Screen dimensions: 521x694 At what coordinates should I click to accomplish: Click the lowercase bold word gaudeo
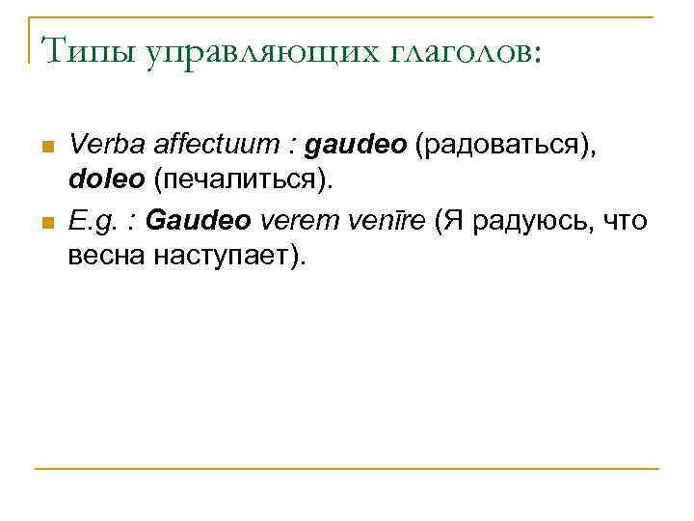[x=355, y=147]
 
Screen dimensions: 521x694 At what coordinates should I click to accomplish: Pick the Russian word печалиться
[x=241, y=181]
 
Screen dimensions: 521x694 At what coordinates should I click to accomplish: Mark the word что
[x=626, y=222]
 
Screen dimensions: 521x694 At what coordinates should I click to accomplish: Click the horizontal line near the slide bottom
[x=347, y=469]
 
